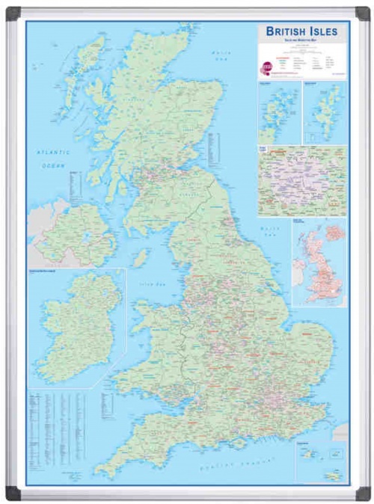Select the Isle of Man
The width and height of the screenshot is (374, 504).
click(140, 258)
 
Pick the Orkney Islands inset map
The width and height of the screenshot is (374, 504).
click(278, 114)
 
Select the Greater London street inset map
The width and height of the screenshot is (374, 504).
click(301, 180)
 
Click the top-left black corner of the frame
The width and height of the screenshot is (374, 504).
click(13, 13)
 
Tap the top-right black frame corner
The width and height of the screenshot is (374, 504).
click(362, 13)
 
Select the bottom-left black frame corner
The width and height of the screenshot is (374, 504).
click(13, 492)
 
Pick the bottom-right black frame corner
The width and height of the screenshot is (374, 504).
click(362, 492)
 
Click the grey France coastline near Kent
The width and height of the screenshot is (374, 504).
click(340, 432)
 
